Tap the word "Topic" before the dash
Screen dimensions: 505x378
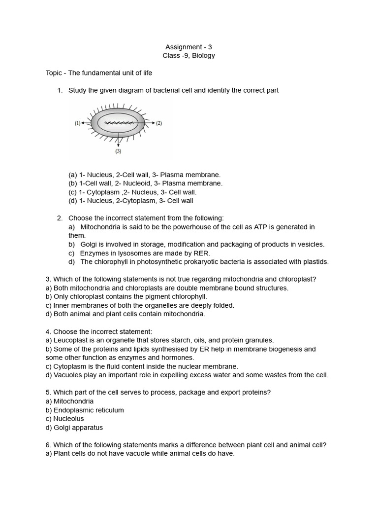click(54, 73)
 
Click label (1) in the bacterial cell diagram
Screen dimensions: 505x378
click(78, 123)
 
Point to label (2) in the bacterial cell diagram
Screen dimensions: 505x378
click(158, 123)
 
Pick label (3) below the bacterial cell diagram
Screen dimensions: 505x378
click(118, 151)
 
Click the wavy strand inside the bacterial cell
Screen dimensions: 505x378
click(118, 122)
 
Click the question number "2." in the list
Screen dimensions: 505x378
click(60, 218)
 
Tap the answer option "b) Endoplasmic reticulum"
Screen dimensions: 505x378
click(85, 410)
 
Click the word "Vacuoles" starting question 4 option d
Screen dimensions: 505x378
click(66, 375)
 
